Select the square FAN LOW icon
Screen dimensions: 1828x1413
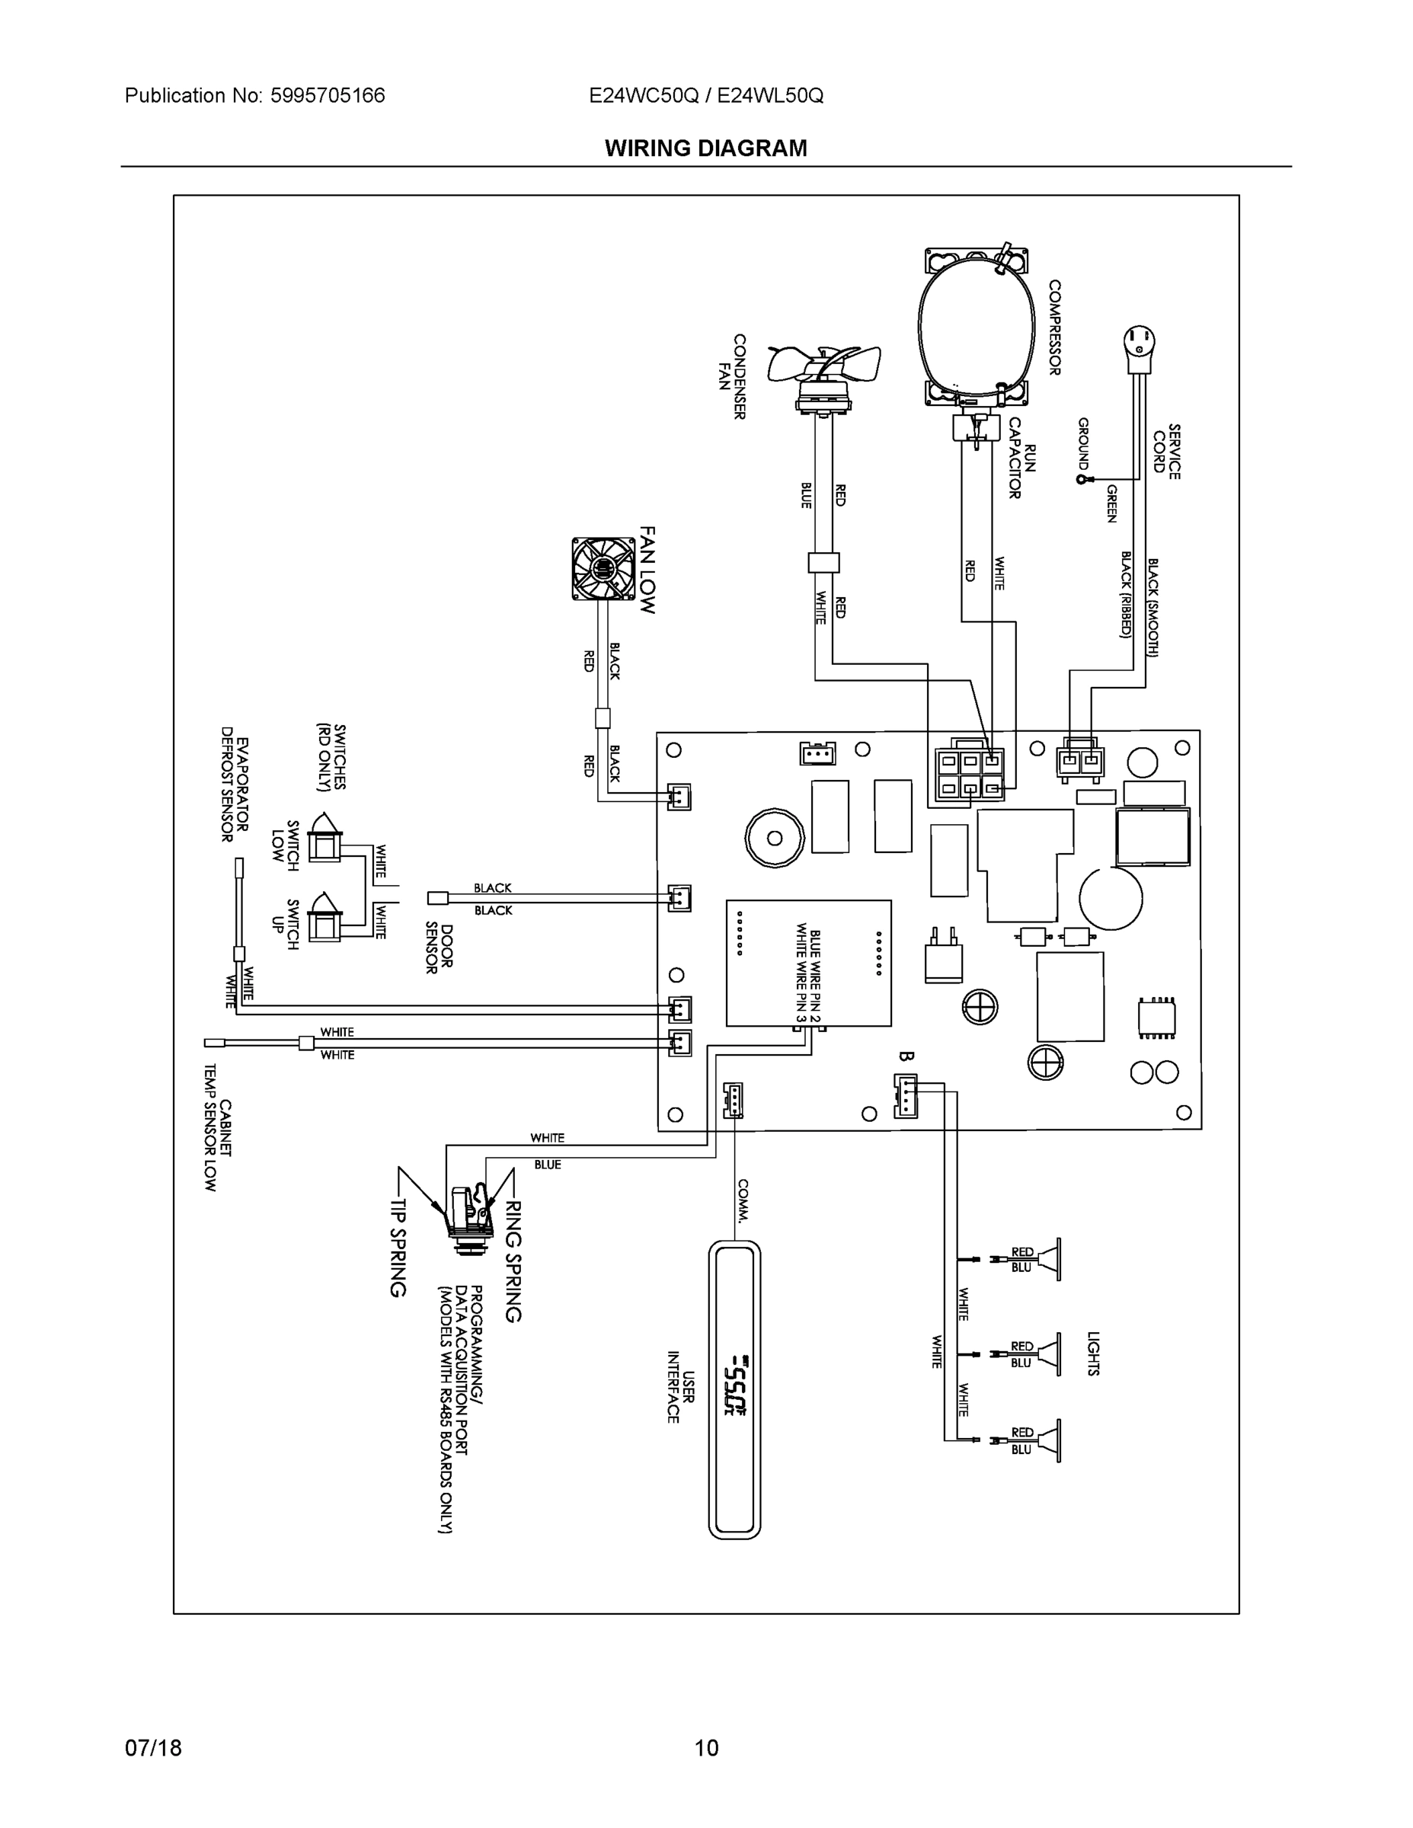click(603, 569)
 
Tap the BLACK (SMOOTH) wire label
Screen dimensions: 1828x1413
click(1152, 607)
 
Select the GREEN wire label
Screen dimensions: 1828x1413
click(1111, 503)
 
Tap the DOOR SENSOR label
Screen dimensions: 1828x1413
click(440, 948)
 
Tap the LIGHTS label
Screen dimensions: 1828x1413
click(1092, 1353)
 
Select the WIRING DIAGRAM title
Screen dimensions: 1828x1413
click(705, 149)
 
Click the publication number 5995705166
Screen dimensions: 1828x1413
click(328, 95)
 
